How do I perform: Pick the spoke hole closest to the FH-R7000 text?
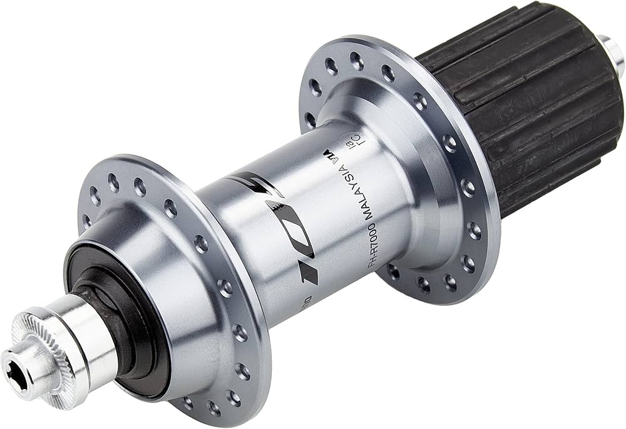tap(393, 271)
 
